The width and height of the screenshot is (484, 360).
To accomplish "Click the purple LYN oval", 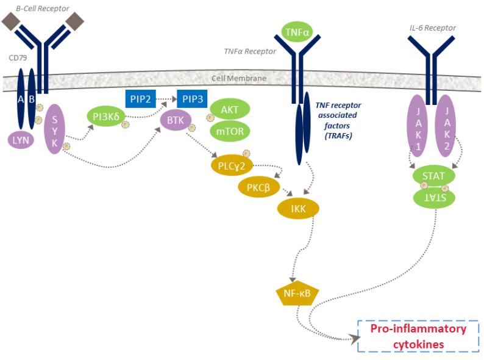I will (21, 140).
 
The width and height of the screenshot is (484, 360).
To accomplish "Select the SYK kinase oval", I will (55, 126).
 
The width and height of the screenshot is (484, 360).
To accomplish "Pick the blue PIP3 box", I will (192, 98).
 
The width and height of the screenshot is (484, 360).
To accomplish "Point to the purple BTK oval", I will (176, 120).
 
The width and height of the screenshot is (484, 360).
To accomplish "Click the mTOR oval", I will (229, 130).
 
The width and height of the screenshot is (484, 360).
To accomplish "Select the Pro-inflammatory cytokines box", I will (418, 336).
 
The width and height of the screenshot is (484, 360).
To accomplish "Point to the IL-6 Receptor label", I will (433, 28).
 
